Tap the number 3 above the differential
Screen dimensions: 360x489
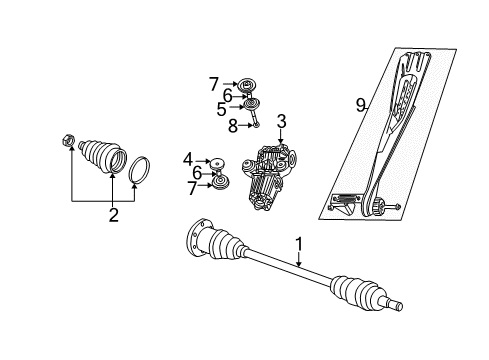coord(282,121)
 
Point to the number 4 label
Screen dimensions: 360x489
coord(187,159)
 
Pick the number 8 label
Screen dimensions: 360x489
coord(233,125)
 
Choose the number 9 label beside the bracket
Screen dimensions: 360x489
coord(358,103)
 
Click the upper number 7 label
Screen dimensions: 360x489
coord(213,83)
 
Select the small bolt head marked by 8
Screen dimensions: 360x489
coord(256,125)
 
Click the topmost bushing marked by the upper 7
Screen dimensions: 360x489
coord(243,83)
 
